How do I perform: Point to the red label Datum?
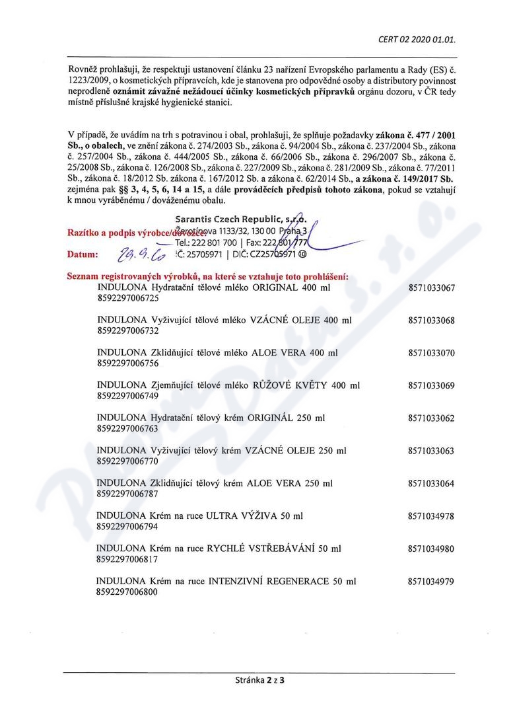[x=83, y=254]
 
